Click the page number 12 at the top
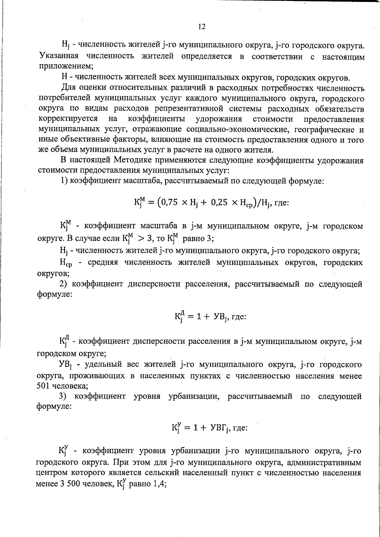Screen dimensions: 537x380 point(202,27)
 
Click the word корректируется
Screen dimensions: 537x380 point(68,119)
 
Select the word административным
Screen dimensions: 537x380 point(324,463)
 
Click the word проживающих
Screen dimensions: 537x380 point(96,376)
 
